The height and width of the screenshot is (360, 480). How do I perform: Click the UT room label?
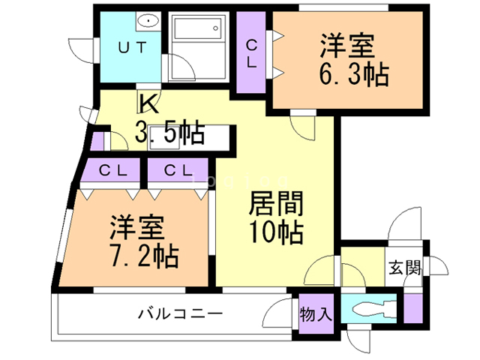(x=132, y=46)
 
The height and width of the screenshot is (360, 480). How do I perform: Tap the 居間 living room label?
(x=276, y=203)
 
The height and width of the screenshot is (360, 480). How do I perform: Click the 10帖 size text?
(x=276, y=232)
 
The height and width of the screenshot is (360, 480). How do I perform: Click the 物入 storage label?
(x=316, y=313)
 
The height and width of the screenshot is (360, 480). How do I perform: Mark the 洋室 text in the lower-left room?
(x=135, y=226)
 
